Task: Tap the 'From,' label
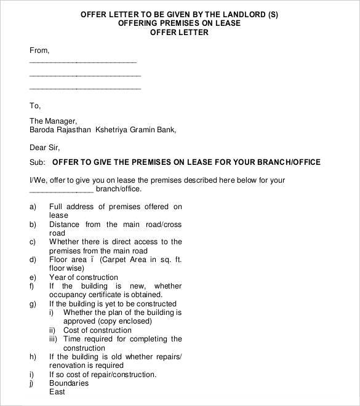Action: point(39,50)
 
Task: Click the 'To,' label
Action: point(35,105)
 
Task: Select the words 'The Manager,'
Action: point(53,121)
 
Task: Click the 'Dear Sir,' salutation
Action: point(45,147)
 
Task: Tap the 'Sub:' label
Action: point(38,162)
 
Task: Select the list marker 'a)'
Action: point(33,207)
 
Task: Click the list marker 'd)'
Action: point(33,260)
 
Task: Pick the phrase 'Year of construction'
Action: point(83,277)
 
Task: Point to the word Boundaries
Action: point(69,383)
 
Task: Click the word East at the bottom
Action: point(58,392)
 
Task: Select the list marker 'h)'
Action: point(33,357)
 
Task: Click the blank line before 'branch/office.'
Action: point(62,189)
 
